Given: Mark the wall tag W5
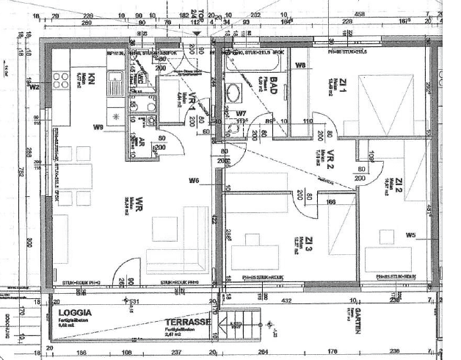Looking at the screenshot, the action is coord(410,235).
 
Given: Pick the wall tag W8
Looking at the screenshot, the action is coord(300,67).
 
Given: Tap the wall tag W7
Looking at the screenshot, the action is coord(242,113).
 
